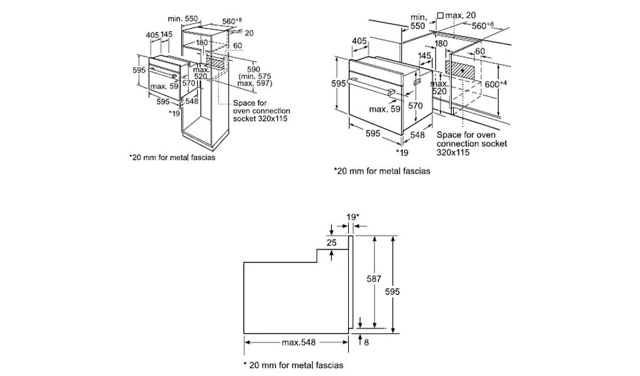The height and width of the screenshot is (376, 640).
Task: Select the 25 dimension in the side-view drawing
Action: click(331, 242)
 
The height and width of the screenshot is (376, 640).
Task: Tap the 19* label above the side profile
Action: click(353, 216)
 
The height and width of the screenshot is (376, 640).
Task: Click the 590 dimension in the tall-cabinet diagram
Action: click(253, 69)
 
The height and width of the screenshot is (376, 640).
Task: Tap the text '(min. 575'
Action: click(253, 76)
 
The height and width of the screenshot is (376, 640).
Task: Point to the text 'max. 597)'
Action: click(253, 84)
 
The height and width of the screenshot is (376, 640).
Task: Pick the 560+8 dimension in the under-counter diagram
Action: click(482, 26)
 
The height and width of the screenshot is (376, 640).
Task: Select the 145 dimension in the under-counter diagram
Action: click(425, 56)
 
